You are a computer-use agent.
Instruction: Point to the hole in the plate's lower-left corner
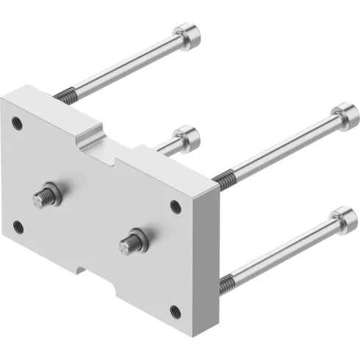coord(18,227)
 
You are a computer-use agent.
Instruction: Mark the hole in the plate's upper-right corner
coord(176,206)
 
